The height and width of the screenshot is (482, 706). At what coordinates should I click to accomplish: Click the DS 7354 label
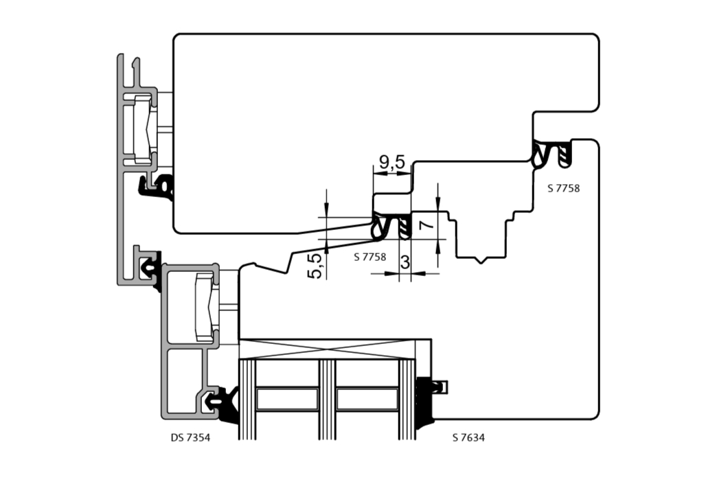click(x=190, y=437)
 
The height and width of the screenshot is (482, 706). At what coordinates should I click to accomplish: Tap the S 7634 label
click(x=468, y=437)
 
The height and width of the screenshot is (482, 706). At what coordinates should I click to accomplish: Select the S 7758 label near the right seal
click(x=564, y=189)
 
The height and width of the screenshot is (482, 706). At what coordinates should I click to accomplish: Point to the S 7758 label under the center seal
click(x=369, y=257)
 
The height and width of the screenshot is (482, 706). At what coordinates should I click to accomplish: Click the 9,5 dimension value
click(x=392, y=161)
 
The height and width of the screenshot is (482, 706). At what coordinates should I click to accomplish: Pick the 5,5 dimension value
click(x=315, y=266)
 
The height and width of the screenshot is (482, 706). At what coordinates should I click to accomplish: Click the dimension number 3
click(x=405, y=262)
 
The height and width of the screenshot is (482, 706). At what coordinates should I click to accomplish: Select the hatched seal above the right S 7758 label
click(x=565, y=154)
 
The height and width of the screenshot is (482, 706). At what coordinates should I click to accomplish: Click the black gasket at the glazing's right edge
click(x=426, y=402)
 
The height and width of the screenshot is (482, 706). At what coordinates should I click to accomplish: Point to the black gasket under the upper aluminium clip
click(x=156, y=187)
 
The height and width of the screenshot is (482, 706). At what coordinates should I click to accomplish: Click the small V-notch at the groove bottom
click(x=481, y=260)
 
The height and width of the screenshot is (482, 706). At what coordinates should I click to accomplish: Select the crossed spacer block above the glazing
click(x=327, y=349)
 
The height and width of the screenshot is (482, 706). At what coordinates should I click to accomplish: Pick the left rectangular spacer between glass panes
click(x=287, y=399)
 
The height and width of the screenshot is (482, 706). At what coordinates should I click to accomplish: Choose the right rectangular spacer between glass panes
click(x=367, y=399)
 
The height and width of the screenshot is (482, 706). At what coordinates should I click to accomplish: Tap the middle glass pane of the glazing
click(x=328, y=400)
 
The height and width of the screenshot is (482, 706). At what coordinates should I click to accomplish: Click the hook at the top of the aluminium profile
click(x=135, y=64)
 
